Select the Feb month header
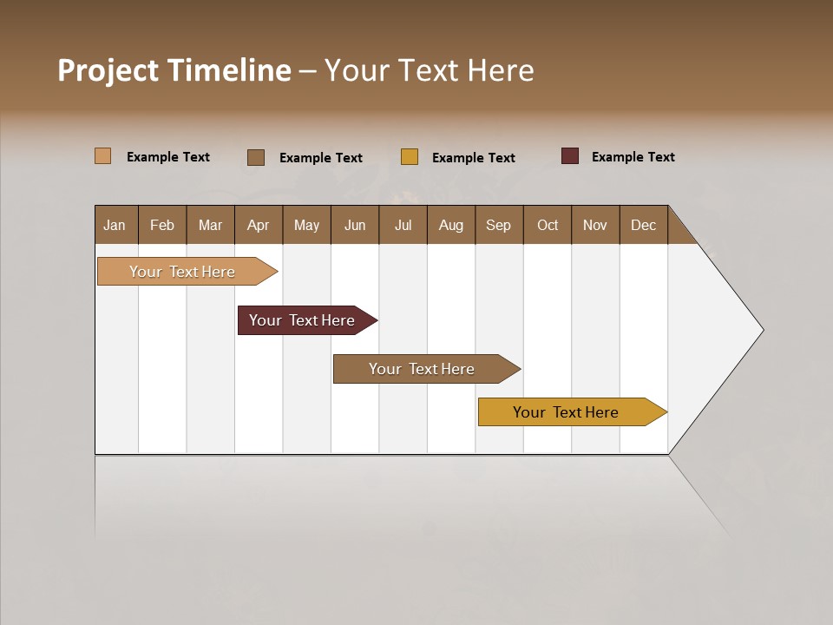(x=162, y=225)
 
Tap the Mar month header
(x=210, y=225)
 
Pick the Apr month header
(x=259, y=225)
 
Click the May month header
(x=306, y=225)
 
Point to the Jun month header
(x=355, y=225)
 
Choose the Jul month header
(x=403, y=225)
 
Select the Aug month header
(x=451, y=225)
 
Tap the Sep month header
(x=499, y=225)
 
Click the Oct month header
(x=548, y=225)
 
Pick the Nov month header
(x=595, y=225)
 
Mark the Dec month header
(x=644, y=225)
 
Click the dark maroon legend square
(x=570, y=156)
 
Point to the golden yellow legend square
(x=410, y=157)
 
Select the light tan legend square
(x=103, y=156)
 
